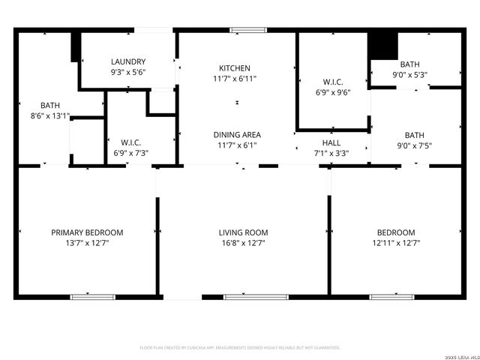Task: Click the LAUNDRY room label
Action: pos(128,61)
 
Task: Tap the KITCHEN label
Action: pos(234,68)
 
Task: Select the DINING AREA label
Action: pos(234,135)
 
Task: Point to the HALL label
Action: pos(331,142)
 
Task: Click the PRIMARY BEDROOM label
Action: pos(87,232)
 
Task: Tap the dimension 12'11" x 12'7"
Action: pos(395,243)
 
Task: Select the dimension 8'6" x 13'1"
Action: pos(50,116)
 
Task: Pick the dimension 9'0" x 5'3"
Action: pos(409,75)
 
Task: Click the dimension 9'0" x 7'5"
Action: pos(409,145)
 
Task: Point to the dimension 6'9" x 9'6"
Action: pos(331,93)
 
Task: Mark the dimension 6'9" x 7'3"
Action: pos(131,153)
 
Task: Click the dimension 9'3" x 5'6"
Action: pos(128,73)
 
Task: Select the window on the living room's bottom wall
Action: pos(245,297)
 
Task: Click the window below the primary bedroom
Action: pos(92,297)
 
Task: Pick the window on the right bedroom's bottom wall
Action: pos(391,297)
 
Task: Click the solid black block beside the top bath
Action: pos(383,46)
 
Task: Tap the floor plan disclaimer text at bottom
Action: pos(240,348)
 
